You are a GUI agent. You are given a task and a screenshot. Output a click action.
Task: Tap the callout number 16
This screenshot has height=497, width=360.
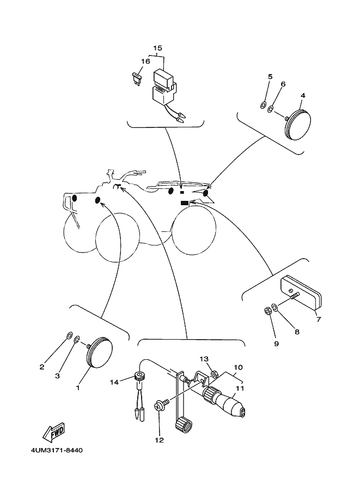coord(145,62)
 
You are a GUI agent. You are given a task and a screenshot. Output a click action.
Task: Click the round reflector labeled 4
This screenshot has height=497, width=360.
coord(297,125)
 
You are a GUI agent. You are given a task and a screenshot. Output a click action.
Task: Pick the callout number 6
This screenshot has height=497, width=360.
coord(283,84)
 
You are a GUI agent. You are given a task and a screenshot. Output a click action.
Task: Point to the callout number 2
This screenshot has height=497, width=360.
coord(41,367)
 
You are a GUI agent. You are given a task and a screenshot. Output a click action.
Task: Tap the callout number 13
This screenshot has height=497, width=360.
coord(204,359)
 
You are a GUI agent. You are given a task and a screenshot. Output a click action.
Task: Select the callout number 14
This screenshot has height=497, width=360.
coord(114,382)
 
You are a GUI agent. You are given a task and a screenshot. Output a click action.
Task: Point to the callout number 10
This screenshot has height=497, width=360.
coord(238,368)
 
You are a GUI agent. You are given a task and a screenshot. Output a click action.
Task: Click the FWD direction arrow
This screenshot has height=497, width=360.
coord(53,433)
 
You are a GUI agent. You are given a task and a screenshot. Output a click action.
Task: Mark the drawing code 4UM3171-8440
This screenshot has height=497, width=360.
coord(54,451)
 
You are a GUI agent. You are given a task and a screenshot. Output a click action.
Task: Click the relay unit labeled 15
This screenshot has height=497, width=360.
coord(164,85)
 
